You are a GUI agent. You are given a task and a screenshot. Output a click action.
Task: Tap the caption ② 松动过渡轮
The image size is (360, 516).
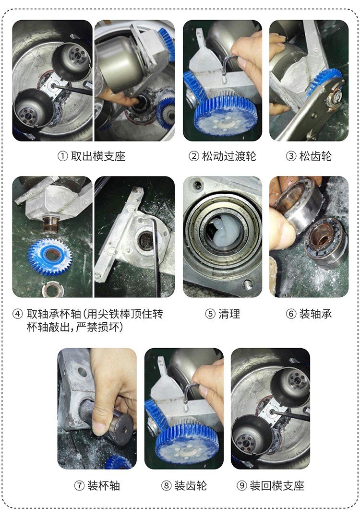click(222, 156)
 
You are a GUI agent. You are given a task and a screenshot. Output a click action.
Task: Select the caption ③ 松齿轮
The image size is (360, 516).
click(309, 156)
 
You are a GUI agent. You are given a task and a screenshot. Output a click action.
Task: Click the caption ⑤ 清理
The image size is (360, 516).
click(222, 314)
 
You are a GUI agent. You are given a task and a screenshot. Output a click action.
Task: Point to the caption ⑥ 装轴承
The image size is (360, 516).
click(309, 314)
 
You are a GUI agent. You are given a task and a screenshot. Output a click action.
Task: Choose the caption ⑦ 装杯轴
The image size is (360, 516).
click(97, 485)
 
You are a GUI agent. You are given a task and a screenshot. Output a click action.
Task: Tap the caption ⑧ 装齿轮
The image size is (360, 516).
click(184, 485)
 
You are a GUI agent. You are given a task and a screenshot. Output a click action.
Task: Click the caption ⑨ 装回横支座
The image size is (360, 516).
click(271, 485)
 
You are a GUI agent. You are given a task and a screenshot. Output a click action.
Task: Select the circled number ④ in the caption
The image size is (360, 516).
click(18, 315)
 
